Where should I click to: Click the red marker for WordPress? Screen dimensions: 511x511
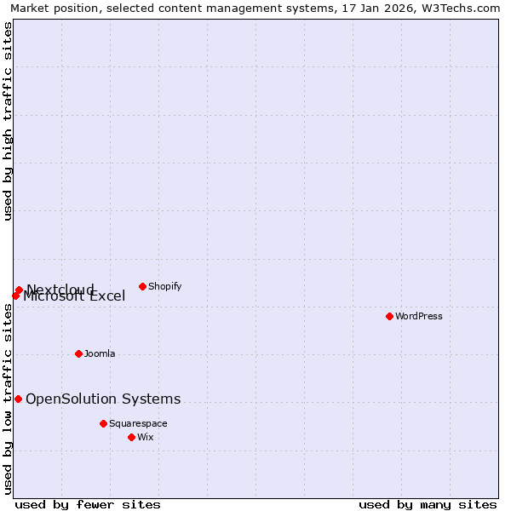point(389,316)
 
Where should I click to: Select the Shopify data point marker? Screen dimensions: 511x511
point(142,286)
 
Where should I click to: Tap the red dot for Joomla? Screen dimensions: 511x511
point(78,353)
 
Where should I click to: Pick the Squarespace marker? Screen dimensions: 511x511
point(103,423)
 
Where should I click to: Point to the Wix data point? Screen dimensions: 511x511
point(131,437)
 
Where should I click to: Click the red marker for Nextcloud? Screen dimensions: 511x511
point(19,290)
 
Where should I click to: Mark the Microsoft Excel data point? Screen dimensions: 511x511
point(15,296)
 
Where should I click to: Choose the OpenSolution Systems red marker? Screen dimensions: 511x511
point(18,399)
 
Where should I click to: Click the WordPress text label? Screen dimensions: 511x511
point(419,316)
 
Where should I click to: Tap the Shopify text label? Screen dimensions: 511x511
point(164,286)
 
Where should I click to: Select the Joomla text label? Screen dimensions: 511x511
point(100,353)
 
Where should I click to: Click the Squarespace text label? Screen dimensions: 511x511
point(138,423)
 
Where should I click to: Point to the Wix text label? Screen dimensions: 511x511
point(146,437)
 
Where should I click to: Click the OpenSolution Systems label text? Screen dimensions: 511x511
point(103,399)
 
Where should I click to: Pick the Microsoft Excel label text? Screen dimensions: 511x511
point(75,297)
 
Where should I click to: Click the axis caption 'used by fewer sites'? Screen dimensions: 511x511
point(88,504)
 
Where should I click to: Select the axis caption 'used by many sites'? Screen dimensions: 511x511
point(428,504)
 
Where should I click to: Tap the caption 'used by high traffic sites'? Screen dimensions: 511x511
point(8,121)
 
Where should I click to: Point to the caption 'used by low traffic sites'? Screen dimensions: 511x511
point(8,400)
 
